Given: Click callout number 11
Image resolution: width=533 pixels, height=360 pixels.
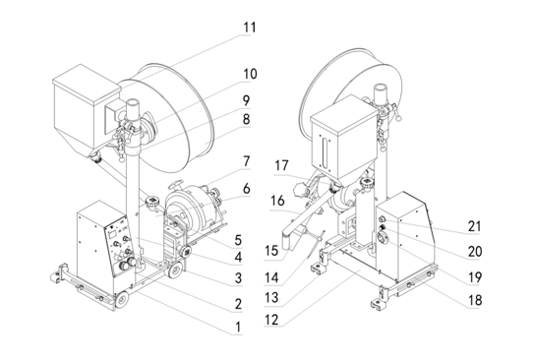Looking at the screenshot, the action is click(250, 28).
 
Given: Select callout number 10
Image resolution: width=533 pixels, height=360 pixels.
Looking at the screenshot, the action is click(250, 74).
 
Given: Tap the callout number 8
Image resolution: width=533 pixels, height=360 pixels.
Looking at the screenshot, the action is click(247, 119).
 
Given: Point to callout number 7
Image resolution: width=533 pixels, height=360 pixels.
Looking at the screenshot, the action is click(247, 162).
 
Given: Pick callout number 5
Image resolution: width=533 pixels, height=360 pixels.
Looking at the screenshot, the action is click(238, 240).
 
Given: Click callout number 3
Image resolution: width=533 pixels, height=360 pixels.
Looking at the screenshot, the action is click(238, 277).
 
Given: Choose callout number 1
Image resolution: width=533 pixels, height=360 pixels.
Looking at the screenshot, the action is click(238, 327).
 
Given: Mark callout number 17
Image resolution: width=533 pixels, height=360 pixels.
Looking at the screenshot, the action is click(282, 166).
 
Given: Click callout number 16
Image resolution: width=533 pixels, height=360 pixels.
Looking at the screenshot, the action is click(277, 201).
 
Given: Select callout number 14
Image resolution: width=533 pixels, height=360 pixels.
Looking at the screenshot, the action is click(271, 278).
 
